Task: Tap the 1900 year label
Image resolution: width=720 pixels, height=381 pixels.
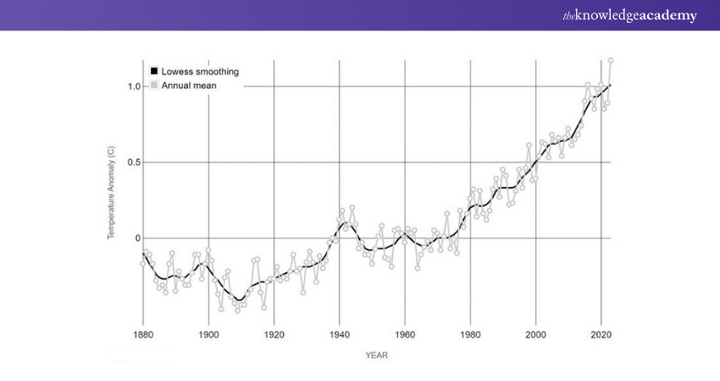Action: click(x=208, y=335)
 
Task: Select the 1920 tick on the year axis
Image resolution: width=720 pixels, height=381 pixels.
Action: click(x=274, y=335)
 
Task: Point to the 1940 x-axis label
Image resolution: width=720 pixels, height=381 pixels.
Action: click(x=339, y=335)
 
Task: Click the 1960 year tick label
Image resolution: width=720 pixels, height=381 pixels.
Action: click(x=404, y=335)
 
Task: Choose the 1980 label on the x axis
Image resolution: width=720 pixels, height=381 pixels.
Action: click(x=470, y=335)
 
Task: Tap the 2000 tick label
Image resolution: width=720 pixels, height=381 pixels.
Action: click(x=535, y=335)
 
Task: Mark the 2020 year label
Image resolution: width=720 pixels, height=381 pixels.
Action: click(x=601, y=335)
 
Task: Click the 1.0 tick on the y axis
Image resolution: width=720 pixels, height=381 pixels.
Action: click(x=134, y=86)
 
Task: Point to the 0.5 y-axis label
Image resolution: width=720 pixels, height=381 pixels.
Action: click(x=134, y=163)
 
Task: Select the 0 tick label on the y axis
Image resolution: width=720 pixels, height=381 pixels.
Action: click(x=137, y=238)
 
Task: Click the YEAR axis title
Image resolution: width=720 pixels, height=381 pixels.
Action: click(x=376, y=356)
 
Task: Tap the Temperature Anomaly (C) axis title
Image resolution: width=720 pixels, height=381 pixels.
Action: click(x=111, y=193)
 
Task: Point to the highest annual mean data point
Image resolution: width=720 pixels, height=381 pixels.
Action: click(x=610, y=60)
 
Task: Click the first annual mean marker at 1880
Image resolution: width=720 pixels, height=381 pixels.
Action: click(x=143, y=263)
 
